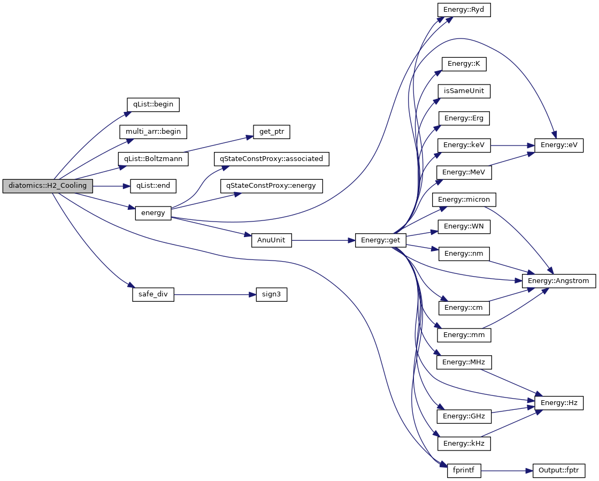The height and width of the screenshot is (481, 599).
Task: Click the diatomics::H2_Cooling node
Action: click(48, 186)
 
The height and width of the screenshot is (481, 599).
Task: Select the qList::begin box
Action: click(152, 104)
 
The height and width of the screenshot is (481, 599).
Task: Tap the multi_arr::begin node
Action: click(153, 132)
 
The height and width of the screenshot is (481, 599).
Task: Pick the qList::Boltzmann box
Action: click(153, 159)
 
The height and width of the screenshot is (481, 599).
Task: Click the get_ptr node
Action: click(271, 132)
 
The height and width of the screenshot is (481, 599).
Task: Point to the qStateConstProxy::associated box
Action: click(271, 159)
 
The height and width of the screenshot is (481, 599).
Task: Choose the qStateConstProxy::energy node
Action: click(271, 186)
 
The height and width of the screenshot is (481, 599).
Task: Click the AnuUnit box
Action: click(271, 240)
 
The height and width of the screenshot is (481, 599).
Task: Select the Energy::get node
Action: click(380, 241)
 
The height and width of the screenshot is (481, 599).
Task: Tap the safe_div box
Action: click(153, 295)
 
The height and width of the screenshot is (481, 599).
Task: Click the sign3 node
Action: click(271, 295)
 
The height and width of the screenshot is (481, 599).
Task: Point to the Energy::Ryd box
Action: click(464, 10)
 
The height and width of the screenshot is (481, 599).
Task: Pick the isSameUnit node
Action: click(464, 91)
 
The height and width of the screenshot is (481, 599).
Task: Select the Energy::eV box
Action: click(558, 145)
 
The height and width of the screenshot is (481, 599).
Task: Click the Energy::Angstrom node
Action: click(558, 281)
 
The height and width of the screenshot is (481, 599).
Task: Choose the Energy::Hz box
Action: click(558, 403)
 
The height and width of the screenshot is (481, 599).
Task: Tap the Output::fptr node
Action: click(558, 471)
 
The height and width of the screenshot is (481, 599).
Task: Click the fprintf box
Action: click(464, 471)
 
